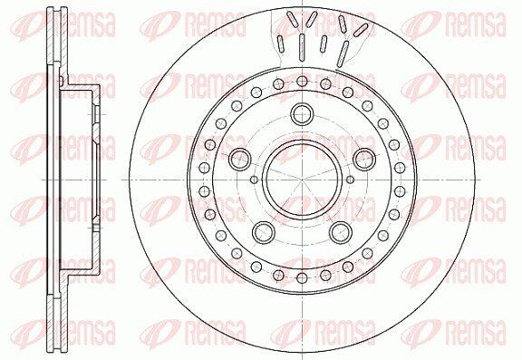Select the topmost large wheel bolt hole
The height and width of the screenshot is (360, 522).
point(302,114)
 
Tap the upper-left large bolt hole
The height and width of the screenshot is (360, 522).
point(239,159)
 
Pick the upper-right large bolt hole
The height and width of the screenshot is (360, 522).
point(364,159)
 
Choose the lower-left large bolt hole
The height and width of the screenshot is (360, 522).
point(264,232)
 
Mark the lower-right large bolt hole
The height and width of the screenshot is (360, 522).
point(341,232)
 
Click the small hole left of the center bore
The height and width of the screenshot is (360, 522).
point(254,180)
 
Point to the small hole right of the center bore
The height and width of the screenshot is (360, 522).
point(350,180)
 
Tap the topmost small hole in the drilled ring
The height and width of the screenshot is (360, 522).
point(302,81)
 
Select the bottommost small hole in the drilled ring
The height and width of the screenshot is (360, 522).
point(302,278)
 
